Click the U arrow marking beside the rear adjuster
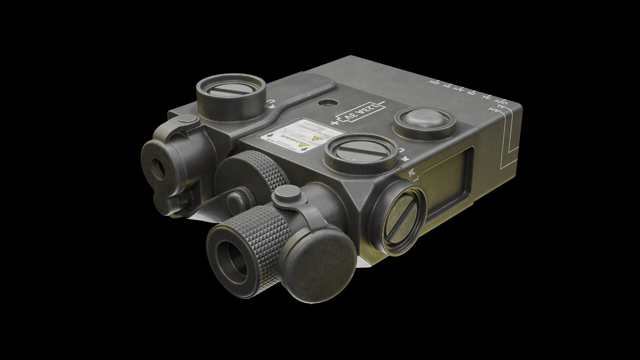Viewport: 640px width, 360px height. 272,105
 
